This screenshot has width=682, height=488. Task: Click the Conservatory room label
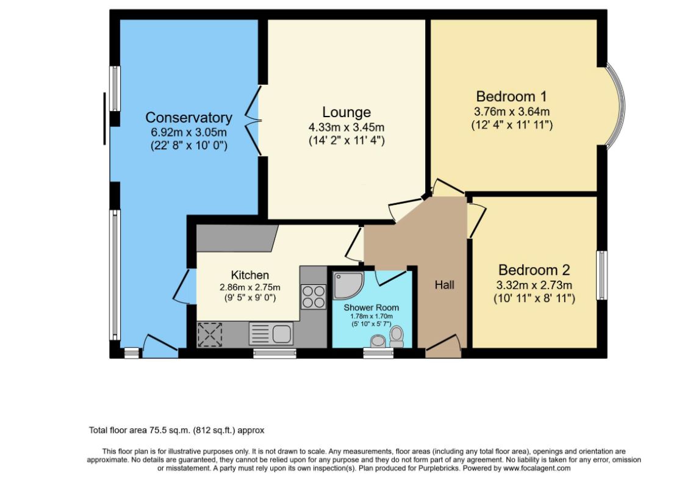[x=188, y=118]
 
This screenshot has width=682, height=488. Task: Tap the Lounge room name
[x=346, y=112]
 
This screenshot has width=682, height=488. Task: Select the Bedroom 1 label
[x=511, y=96]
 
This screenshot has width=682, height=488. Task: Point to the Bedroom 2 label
[x=534, y=270]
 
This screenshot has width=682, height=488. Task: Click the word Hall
[x=444, y=285]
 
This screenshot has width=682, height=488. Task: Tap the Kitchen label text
[x=249, y=275]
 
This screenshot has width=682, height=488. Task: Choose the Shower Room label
[x=371, y=307]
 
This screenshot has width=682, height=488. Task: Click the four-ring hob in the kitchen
[x=313, y=296]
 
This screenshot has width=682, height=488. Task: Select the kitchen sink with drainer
[x=271, y=334]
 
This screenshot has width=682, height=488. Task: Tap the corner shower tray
[x=347, y=285]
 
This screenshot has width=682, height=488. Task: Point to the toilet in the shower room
[x=397, y=337]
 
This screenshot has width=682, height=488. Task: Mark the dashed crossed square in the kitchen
[x=210, y=334]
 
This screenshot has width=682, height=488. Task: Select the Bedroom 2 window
[x=601, y=275]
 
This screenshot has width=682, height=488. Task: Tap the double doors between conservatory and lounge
[x=254, y=121]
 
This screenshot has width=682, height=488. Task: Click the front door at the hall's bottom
[x=443, y=346]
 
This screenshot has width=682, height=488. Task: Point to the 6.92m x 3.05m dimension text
[x=188, y=132]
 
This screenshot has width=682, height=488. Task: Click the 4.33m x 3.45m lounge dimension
[x=346, y=127]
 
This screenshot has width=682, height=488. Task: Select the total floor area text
[x=176, y=430]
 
